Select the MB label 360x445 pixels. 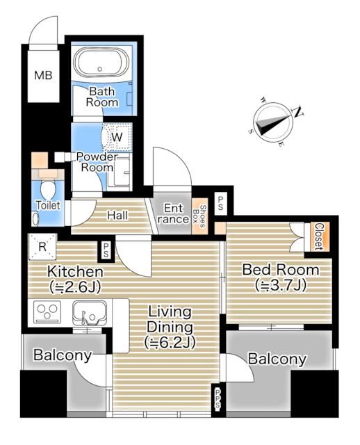[x=43, y=75]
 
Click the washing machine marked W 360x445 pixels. [x=117, y=138]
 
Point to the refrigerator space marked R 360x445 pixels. [x=42, y=247]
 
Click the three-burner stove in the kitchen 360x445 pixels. [x=48, y=312]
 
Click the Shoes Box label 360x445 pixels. [x=199, y=216]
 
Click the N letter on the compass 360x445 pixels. [x=298, y=113]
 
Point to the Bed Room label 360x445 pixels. [x=281, y=270]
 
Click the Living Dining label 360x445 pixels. [x=170, y=319]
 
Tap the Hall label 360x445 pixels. [x=117, y=216]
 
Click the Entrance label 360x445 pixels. [x=173, y=213]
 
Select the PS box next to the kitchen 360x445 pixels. [x=106, y=250]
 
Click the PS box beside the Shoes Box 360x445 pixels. [x=221, y=203]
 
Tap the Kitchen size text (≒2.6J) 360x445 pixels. [x=75, y=287]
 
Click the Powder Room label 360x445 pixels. [x=97, y=162]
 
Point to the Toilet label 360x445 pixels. [x=48, y=205]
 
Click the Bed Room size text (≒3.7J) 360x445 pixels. [x=281, y=285]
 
